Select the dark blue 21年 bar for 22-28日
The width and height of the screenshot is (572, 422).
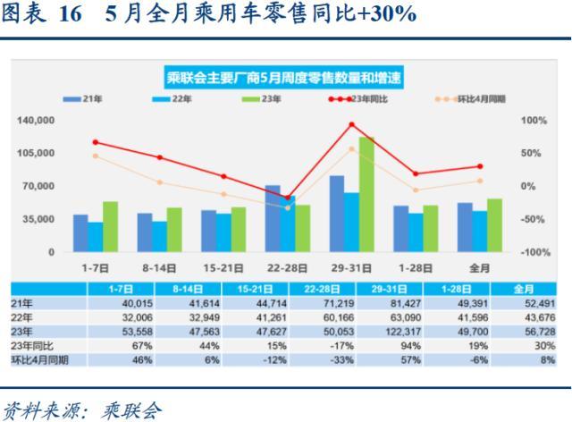[x=273, y=218]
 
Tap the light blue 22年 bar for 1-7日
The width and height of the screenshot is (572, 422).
[x=95, y=236]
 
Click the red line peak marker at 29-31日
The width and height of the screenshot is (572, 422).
[x=351, y=124]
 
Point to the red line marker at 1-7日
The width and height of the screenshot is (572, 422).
[x=95, y=142]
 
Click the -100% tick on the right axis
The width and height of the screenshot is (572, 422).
[x=534, y=252]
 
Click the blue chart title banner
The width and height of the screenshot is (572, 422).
[x=284, y=79]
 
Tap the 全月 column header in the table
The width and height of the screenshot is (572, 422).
[x=524, y=290]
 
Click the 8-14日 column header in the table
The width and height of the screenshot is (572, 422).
[x=189, y=290]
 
